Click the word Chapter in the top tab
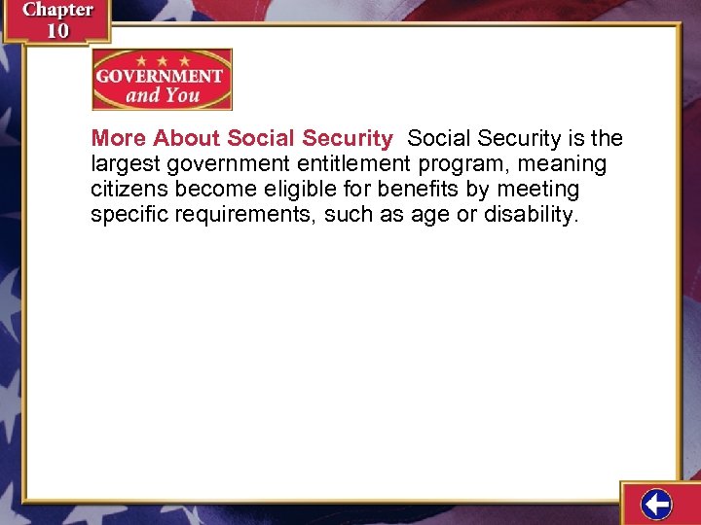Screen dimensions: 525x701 coord(57,11)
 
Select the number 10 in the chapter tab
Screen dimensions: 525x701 coord(57,30)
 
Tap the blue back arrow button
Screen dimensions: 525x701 coord(657,506)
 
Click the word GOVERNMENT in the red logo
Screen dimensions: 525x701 coord(162,77)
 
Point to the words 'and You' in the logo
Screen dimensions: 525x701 coord(163,96)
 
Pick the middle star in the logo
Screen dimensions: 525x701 coord(162,60)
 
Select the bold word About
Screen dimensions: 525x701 coord(187,139)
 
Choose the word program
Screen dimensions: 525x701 coord(461,164)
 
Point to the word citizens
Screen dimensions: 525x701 coord(129,190)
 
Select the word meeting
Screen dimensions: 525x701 coord(538,190)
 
